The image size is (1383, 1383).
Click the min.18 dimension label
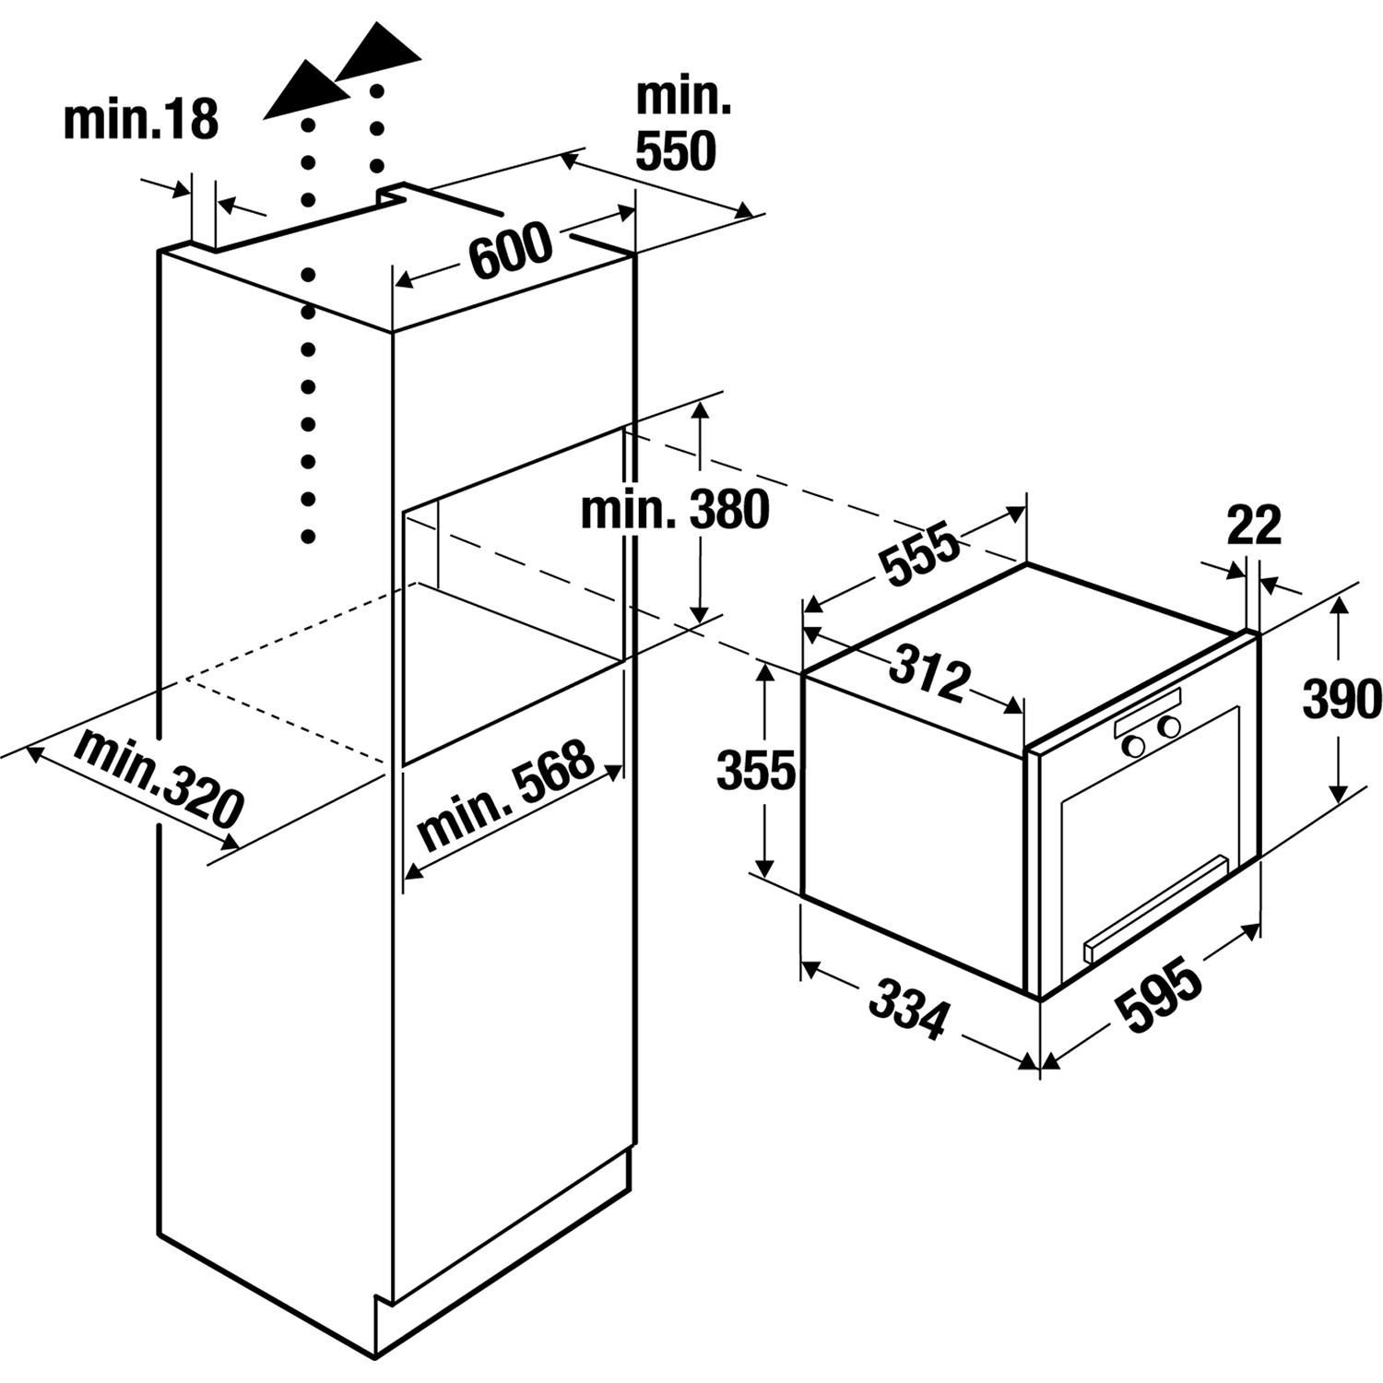[x=141, y=120]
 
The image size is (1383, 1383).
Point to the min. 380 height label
[x=675, y=510]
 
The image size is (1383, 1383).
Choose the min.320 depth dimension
[x=158, y=777]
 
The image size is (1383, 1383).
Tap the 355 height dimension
[x=755, y=771]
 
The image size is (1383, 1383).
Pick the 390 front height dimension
[x=1342, y=699]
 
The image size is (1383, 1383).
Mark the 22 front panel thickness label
[x=1254, y=526]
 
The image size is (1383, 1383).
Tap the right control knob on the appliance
[x=1170, y=727]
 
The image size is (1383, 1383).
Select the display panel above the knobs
[x=1147, y=712]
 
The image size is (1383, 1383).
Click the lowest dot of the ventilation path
[x=309, y=536]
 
